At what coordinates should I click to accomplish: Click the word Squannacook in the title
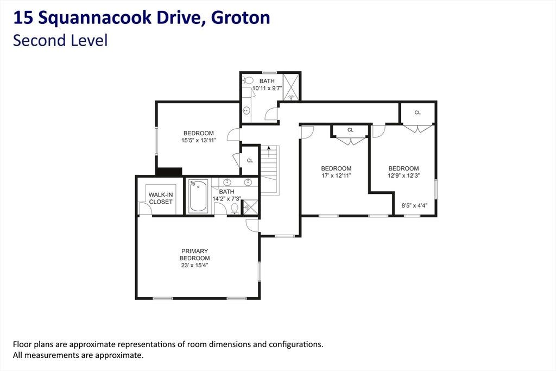[x=94, y=18]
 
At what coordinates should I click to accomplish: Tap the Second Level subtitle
[x=60, y=40]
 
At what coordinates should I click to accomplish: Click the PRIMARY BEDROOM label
[x=194, y=254]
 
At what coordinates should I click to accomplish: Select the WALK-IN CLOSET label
[x=161, y=198]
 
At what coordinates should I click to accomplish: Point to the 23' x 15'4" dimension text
[x=194, y=265]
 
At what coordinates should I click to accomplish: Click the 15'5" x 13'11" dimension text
[x=199, y=140]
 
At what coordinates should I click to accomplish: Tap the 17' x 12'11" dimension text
[x=336, y=175]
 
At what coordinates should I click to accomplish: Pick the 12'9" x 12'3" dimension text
[x=403, y=175]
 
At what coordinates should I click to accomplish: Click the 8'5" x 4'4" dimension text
[x=414, y=205]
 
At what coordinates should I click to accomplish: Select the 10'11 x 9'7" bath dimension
[x=267, y=88]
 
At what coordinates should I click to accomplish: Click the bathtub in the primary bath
[x=198, y=196]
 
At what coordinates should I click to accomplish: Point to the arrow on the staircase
[x=269, y=152]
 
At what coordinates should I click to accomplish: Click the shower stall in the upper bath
[x=291, y=87]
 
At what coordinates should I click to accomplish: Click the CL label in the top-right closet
[x=418, y=112]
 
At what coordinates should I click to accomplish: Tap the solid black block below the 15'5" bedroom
[x=169, y=172]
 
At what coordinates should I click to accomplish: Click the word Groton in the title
[x=241, y=18]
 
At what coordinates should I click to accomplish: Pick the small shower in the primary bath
[x=250, y=207]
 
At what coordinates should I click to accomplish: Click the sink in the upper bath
[x=246, y=111]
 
